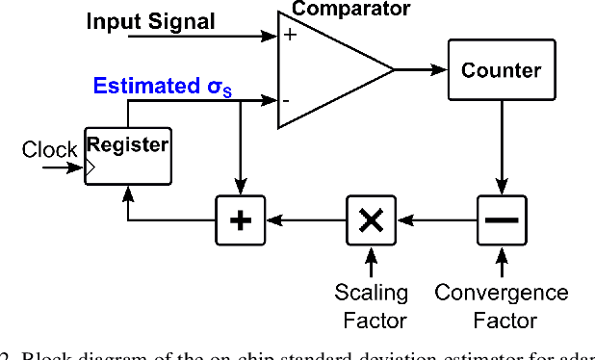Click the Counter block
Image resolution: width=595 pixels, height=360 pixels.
pos(501,70)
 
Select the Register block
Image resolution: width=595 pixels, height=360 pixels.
pos(128,153)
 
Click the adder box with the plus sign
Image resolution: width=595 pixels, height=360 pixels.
pos(240,220)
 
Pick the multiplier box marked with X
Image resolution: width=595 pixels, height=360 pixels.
pos(370,220)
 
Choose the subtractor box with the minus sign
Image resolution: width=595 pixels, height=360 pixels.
pos(501,220)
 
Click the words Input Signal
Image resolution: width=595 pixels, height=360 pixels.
pos(150,20)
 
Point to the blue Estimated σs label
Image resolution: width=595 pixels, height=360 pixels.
pos(164,86)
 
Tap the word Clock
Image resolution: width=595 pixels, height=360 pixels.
pos(49,150)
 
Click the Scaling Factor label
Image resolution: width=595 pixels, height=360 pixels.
pos(371,305)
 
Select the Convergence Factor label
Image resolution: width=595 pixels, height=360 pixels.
pos(502,305)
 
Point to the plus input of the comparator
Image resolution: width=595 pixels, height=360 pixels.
pos(288,36)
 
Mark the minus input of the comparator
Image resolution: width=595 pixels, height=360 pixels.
pos(287,98)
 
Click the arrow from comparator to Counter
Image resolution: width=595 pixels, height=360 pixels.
pos(420,68)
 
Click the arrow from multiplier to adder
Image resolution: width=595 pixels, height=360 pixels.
pos(305,220)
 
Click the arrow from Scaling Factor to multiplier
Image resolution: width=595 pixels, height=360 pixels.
pos(371,262)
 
